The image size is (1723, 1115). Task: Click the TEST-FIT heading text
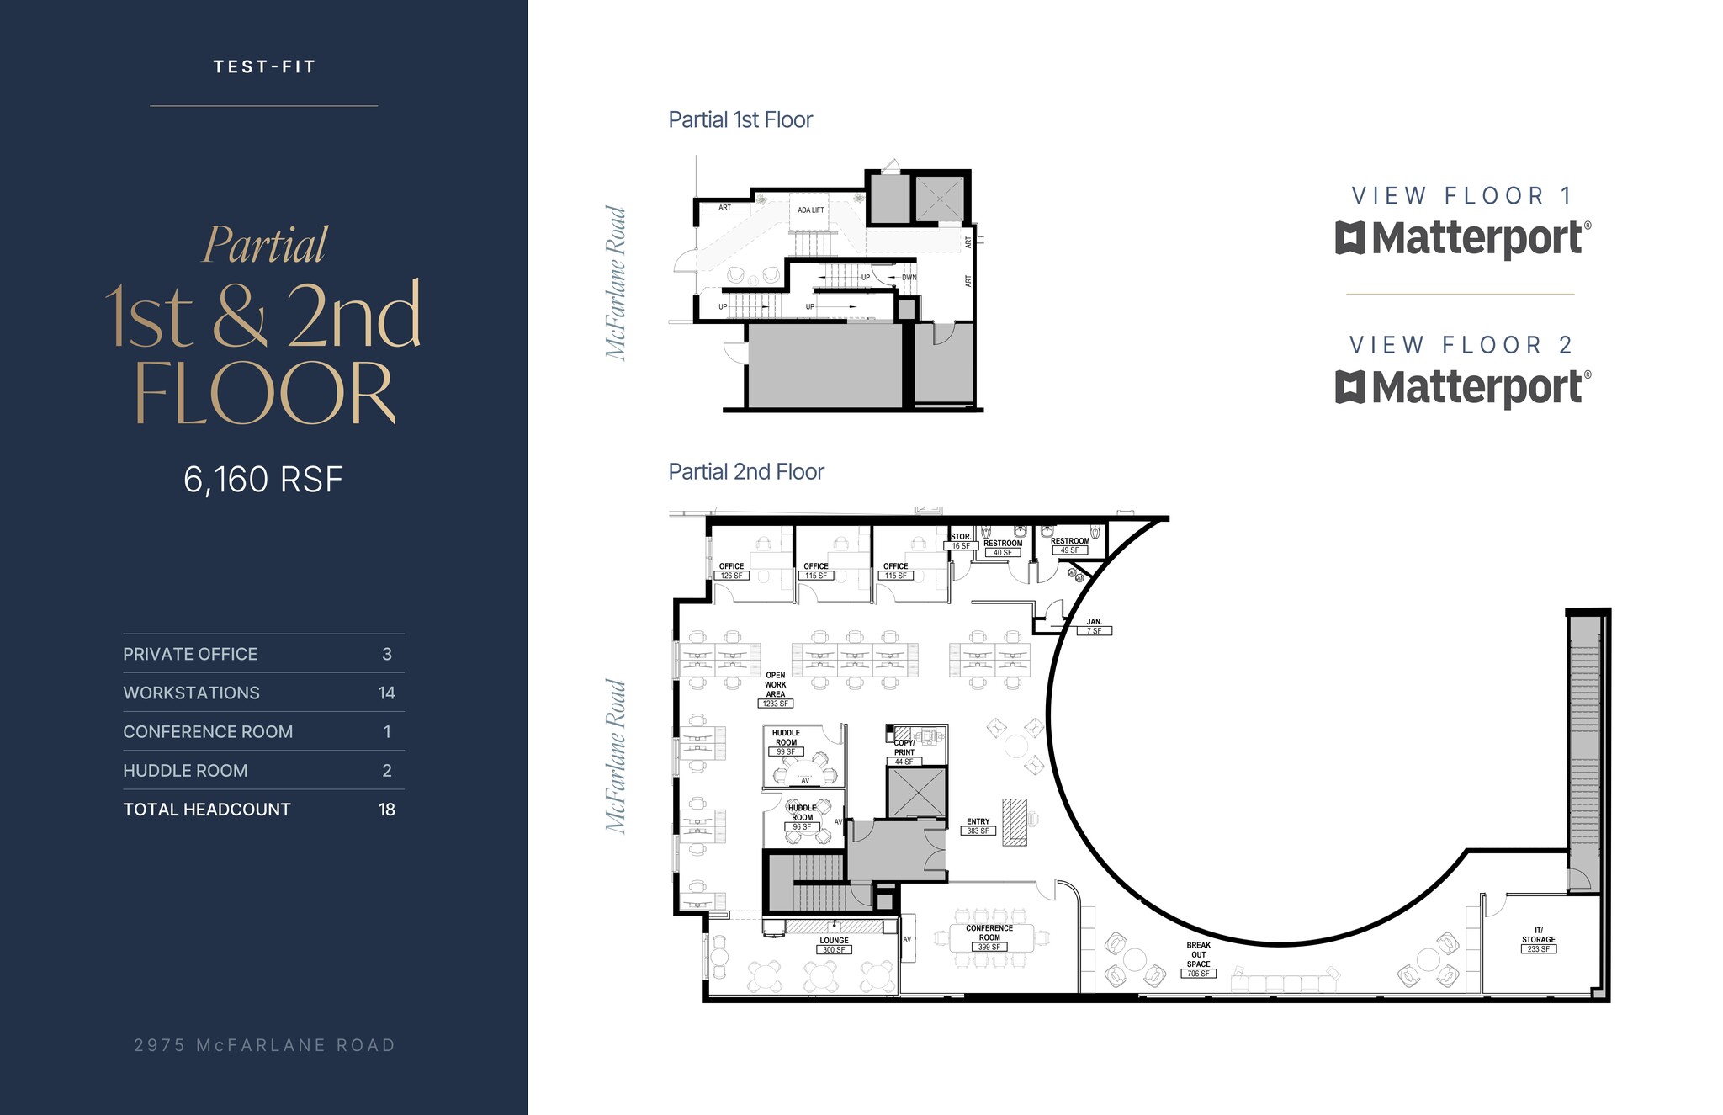coord(264,67)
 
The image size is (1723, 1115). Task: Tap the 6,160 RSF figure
coord(263,480)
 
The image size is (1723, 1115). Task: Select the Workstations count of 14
coord(386,693)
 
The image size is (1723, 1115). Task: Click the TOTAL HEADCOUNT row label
coord(207,810)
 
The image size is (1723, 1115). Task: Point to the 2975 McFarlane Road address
coord(264,1045)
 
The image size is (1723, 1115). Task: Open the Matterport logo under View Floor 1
coord(1463,238)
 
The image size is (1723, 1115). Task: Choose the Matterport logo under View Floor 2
coord(1463,387)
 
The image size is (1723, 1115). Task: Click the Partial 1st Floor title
coord(740,120)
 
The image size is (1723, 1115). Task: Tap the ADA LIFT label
coord(811,210)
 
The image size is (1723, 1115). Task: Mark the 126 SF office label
coord(731,571)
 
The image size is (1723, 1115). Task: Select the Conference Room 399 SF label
coord(989,937)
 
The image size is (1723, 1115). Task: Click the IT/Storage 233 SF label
coord(1538,940)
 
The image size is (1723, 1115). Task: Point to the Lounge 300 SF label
coord(834,945)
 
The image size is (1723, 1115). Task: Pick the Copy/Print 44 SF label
coord(904,752)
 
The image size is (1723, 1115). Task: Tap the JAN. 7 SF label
coord(1094,626)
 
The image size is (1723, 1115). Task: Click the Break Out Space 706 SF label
coord(1198,959)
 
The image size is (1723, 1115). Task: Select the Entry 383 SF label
coord(978,826)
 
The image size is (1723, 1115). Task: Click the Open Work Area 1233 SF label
coord(776,689)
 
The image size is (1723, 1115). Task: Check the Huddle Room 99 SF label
coord(786,742)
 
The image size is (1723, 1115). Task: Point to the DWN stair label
coord(909,278)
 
